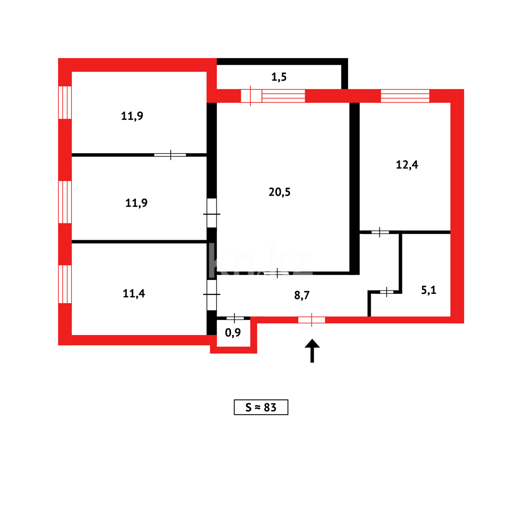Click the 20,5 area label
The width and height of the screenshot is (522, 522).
(280, 192)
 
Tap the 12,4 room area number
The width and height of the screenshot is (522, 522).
(407, 165)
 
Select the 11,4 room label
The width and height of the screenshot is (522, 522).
(134, 293)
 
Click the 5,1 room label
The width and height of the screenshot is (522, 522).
(429, 290)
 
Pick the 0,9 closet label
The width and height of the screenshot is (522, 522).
(233, 333)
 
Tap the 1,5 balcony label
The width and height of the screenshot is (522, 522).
(279, 76)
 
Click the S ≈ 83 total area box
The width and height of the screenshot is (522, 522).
(261, 407)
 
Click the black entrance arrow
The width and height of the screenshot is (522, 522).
(312, 349)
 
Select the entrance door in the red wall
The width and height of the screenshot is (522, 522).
(312, 319)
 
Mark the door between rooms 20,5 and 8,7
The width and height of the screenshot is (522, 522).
(277, 273)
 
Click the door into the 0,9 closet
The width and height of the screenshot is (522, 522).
(235, 318)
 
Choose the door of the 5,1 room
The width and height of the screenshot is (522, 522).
(387, 291)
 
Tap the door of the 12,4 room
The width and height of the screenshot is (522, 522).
(380, 232)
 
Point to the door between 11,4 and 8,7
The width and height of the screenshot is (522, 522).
(212, 294)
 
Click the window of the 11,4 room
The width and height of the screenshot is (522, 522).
(65, 284)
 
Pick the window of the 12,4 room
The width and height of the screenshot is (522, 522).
(405, 96)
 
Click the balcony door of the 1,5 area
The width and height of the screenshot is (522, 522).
(251, 96)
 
